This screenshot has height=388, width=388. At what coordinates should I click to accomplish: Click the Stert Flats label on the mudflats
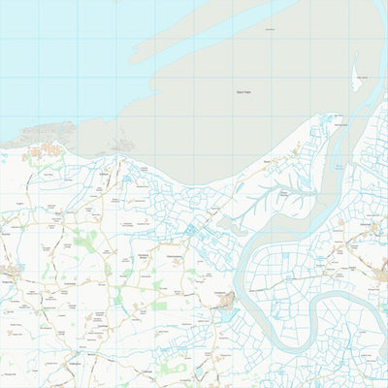point(242,92)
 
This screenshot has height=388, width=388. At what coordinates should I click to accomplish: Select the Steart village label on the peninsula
point(267,163)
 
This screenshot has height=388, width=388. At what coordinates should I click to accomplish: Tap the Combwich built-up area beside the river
point(226,303)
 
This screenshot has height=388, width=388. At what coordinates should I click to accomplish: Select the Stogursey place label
point(8,275)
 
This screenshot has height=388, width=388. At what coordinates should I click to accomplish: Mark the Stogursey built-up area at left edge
point(12,269)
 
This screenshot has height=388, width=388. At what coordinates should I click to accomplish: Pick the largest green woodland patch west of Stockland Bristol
point(85,241)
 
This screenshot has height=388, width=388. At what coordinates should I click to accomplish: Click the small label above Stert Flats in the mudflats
point(269,29)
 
